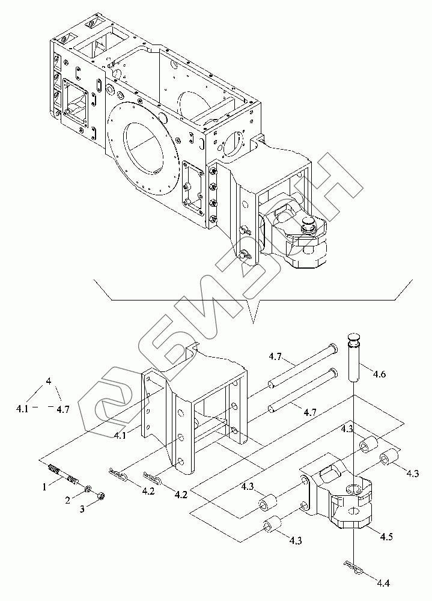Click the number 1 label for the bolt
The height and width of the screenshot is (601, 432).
click(x=44, y=487)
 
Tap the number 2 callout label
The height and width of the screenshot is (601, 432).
click(x=67, y=500)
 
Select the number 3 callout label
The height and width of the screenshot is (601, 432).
click(x=82, y=509)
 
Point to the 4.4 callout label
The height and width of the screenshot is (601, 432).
click(x=383, y=584)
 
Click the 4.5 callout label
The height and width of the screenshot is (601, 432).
click(x=386, y=536)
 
